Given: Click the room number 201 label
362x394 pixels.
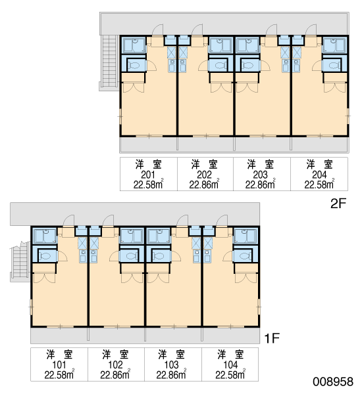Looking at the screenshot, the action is click(148, 175).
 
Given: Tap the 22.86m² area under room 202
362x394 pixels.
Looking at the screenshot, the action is click(204, 185).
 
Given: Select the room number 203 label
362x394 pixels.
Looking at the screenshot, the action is click(260, 175).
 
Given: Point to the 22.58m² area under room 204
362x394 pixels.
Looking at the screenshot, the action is click(319, 185).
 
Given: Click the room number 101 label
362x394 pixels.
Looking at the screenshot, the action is click(59, 364).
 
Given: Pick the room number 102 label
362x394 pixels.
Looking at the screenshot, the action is click(115, 364).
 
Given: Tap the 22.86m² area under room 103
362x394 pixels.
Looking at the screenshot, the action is click(171, 375).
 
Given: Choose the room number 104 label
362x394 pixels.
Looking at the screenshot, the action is click(230, 364).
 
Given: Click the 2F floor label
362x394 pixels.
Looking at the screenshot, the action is click(338, 204).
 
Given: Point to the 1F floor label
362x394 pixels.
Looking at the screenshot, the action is click(272, 338).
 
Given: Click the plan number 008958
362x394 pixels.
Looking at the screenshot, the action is click(333, 382).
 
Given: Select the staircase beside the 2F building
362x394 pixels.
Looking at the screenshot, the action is click(109, 63).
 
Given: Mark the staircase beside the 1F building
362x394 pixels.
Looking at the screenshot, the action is click(20, 261).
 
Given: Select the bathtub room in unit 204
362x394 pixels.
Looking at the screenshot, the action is click(334, 45).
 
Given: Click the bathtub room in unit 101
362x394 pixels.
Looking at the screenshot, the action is click(45, 236).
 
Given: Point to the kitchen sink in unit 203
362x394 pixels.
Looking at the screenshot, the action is click(285, 66).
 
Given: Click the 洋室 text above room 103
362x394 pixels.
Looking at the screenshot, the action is click(171, 355).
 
